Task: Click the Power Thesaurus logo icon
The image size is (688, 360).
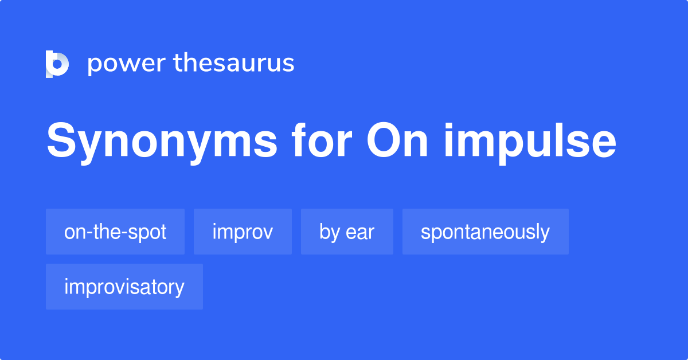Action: (x=57, y=64)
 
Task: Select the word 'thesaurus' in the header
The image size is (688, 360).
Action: (x=234, y=63)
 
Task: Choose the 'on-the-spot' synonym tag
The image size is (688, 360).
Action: (x=115, y=232)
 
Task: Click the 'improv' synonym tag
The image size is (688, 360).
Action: (x=243, y=232)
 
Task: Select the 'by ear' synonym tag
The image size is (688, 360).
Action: (x=347, y=232)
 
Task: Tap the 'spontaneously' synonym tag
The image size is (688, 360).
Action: (x=485, y=232)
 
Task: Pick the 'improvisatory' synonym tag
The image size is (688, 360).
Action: (x=124, y=287)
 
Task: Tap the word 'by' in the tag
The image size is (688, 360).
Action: (x=330, y=232)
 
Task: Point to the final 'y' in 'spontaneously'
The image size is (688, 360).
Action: (x=544, y=234)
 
